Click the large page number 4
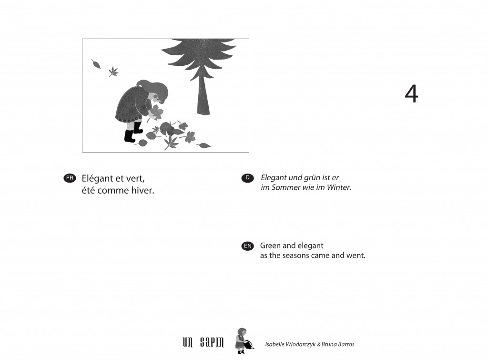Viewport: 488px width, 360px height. click(411, 94)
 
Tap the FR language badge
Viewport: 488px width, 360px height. click(70, 178)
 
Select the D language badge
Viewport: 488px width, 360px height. click(247, 178)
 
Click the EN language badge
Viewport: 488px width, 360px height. click(247, 246)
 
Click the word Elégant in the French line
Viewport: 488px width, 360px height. click(97, 179)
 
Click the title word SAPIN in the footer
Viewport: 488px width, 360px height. click(212, 343)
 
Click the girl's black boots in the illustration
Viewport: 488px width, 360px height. click(134, 132)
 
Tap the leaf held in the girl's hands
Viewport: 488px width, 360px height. click(156, 112)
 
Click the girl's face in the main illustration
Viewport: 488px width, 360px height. click(156, 98)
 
